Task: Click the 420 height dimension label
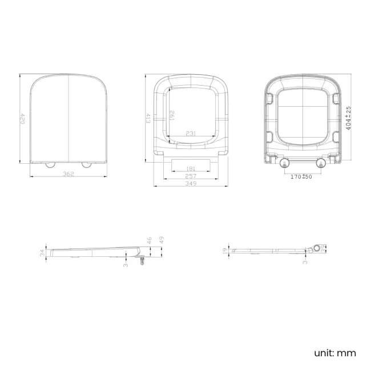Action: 23,119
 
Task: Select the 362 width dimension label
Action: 68,174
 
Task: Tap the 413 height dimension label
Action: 148,119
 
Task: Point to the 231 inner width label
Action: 191,134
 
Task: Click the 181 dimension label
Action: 191,168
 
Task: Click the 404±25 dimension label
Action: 349,117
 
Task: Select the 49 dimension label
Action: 162,240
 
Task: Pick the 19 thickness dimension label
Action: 227,250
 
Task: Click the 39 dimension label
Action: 324,248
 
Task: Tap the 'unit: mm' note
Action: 334,353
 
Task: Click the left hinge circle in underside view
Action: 285,164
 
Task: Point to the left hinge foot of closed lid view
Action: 50,164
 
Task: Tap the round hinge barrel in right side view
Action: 316,249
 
